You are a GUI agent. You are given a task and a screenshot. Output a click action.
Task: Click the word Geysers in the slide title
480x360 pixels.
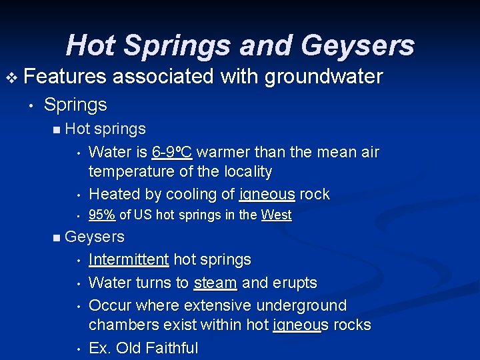coord(357,45)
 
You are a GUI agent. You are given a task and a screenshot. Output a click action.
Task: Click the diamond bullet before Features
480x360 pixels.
coord(12,77)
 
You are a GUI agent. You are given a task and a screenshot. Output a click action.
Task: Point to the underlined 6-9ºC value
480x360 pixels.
coord(172,152)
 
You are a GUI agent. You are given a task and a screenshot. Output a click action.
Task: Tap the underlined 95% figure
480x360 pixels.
coord(102,215)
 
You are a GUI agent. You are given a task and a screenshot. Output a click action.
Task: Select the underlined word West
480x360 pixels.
coord(276,215)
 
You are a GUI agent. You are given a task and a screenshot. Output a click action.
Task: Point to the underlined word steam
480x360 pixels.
coord(215,283)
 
